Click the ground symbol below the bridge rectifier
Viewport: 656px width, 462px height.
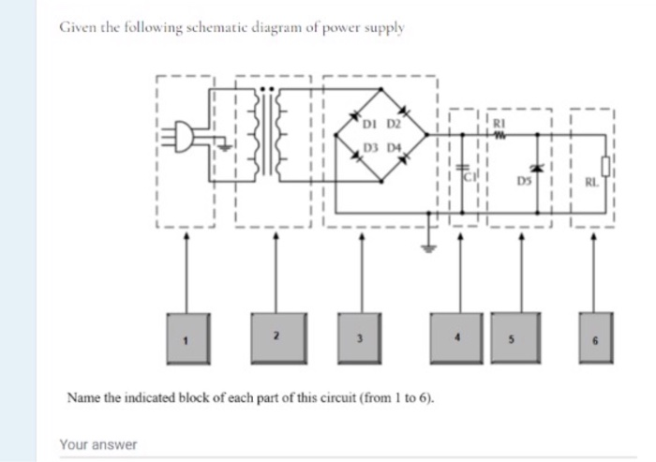coord(430,250)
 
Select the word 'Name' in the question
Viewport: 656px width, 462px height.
coord(82,397)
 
